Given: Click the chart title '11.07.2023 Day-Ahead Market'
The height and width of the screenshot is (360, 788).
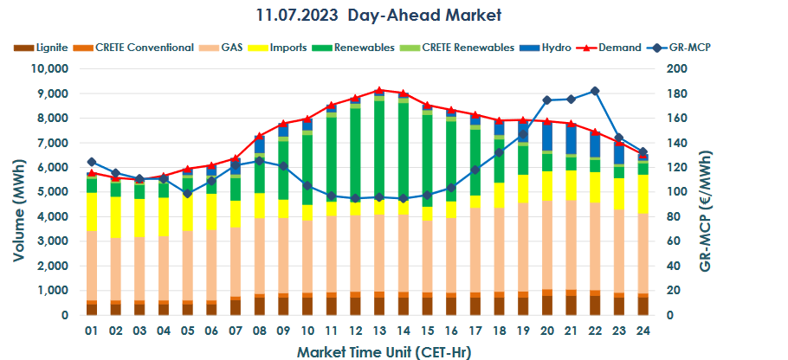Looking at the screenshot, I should pyautogui.click(x=378, y=16).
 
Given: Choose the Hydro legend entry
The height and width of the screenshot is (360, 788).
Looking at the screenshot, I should pyautogui.click(x=552, y=47).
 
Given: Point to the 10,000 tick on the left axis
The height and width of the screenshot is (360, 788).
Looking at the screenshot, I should pyautogui.click(x=50, y=68).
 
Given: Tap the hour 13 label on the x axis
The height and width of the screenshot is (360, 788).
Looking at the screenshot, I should pyautogui.click(x=379, y=331).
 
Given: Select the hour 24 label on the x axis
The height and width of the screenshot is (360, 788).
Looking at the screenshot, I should pyautogui.click(x=643, y=331).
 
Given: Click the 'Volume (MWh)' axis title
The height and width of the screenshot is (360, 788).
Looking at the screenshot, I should pyautogui.click(x=18, y=192).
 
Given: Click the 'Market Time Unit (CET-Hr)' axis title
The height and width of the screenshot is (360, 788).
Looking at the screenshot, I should pyautogui.click(x=378, y=351).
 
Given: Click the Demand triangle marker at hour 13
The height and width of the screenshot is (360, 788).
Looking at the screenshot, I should pyautogui.click(x=379, y=90).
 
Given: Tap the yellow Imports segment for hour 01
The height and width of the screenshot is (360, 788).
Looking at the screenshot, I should pyautogui.click(x=92, y=212).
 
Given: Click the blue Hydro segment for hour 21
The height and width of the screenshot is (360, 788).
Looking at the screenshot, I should pyautogui.click(x=571, y=138).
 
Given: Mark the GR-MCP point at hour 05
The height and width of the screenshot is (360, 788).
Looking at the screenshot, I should pyautogui.click(x=187, y=193).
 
